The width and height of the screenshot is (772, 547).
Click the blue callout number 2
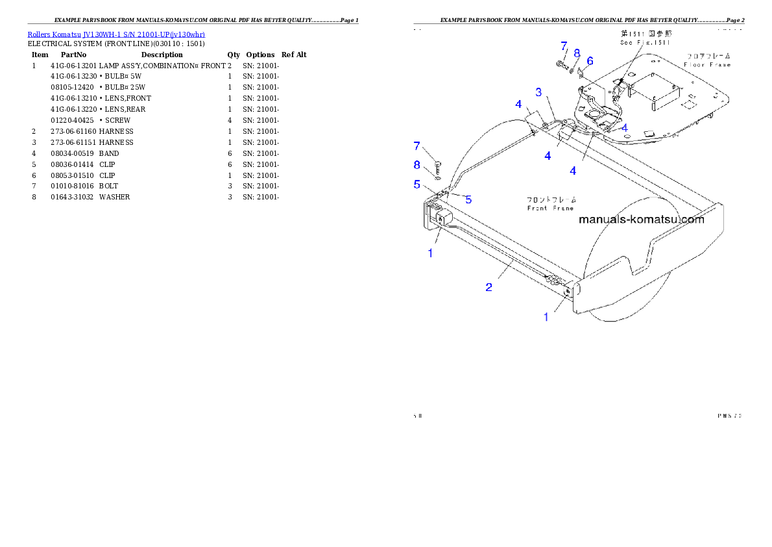pos(489,287)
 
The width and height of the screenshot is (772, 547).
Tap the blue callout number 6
pos(589,60)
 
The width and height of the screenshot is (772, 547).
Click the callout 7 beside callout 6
pos(563,46)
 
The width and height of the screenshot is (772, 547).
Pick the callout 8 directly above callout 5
pos(417,164)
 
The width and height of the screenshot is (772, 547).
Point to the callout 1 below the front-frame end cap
pos(546,317)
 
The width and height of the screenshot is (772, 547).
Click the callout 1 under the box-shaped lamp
pos(430,253)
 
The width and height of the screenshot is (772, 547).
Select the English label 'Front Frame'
pos(550,209)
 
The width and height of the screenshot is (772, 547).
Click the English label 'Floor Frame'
pos(707,65)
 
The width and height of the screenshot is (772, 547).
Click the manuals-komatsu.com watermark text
pos(641,220)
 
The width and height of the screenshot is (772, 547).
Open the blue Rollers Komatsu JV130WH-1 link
pos(116,34)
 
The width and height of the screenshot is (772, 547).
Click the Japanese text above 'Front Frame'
pos(550,199)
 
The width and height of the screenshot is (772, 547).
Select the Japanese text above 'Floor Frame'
pos(707,56)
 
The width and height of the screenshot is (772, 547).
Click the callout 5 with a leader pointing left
pos(468,199)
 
